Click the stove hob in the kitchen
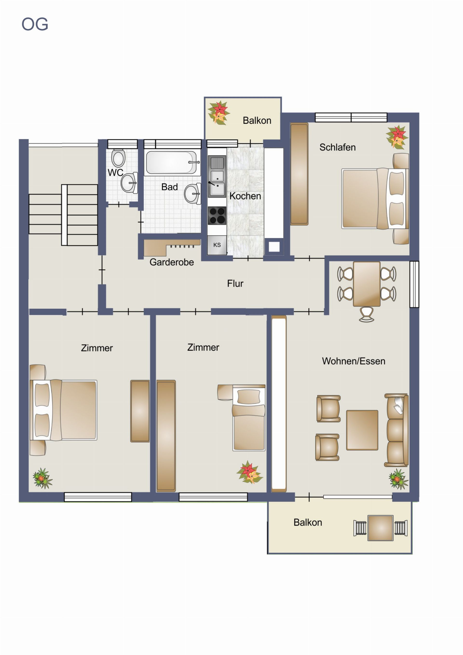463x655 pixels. point(217,215)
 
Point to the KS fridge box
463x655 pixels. point(217,245)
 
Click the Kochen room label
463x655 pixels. point(245,196)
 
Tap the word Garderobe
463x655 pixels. point(172,262)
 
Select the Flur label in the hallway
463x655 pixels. point(235,283)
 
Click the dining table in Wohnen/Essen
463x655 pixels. point(367,284)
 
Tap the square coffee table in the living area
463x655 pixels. point(362,430)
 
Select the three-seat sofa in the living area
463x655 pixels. point(396,430)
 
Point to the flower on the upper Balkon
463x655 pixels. point(219,113)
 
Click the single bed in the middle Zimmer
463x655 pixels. point(248,418)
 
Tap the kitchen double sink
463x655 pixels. point(217,176)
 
